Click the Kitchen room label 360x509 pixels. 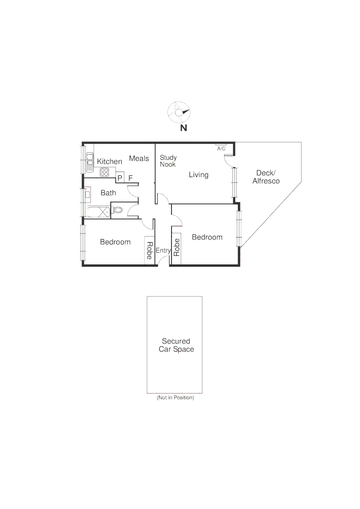pyautogui.click(x=109, y=162)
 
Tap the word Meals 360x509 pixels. pyautogui.click(x=139, y=159)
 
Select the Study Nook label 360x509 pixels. pyautogui.click(x=168, y=161)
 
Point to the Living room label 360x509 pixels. pyautogui.click(x=198, y=175)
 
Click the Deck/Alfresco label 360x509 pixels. pyautogui.click(x=266, y=177)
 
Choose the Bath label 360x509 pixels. pyautogui.click(x=108, y=193)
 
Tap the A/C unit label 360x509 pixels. pyautogui.click(x=221, y=148)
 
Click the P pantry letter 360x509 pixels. pyautogui.click(x=120, y=178)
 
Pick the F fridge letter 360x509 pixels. pyautogui.click(x=131, y=178)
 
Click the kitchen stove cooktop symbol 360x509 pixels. pyautogui.click(x=105, y=172)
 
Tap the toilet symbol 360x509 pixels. pyautogui.click(x=117, y=211)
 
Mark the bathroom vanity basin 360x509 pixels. pyautogui.click(x=87, y=194)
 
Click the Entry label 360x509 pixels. pyautogui.click(x=163, y=251)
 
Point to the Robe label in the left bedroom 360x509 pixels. pyautogui.click(x=149, y=251)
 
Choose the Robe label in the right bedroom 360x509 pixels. pyautogui.click(x=177, y=247)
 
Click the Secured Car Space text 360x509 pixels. pyautogui.click(x=176, y=345)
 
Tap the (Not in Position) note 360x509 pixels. pyautogui.click(x=175, y=398)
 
